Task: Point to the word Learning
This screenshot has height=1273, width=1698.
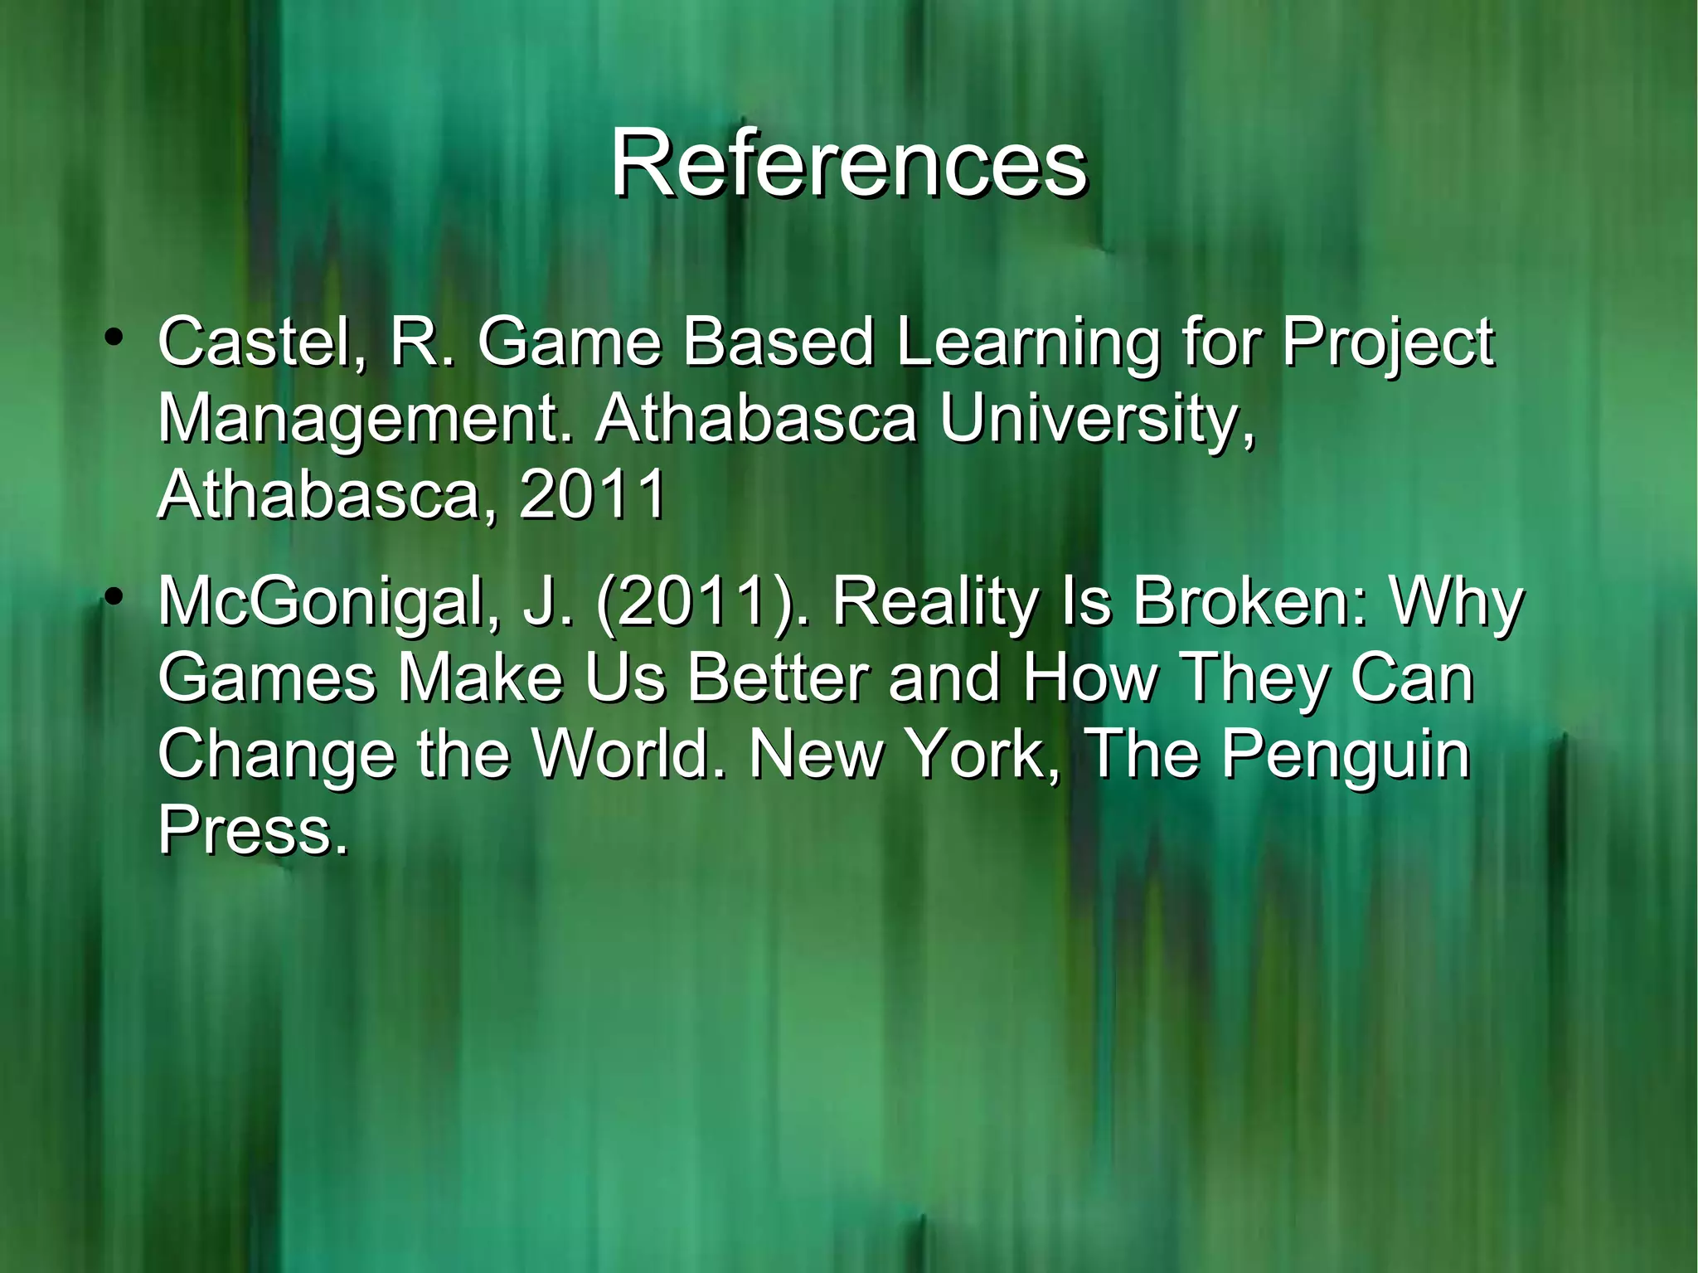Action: coord(1028,344)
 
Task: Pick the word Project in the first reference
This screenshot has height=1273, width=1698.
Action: coord(1388,344)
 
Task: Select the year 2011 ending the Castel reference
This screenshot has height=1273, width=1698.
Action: coord(592,494)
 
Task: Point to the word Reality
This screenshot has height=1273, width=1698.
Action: coord(935,603)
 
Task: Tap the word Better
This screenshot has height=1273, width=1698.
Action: coord(779,678)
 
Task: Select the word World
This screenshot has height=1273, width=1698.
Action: coord(630,754)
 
